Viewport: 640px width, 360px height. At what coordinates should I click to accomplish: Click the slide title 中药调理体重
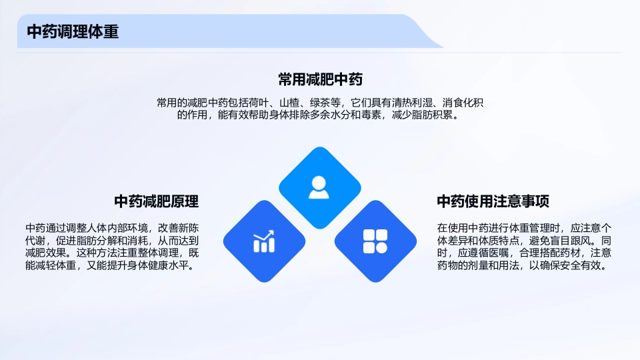tap(73, 31)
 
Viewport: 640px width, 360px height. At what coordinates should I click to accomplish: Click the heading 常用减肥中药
tap(320, 80)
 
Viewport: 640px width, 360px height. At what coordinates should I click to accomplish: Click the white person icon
tap(319, 187)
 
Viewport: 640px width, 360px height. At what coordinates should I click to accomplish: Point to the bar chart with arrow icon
tap(264, 241)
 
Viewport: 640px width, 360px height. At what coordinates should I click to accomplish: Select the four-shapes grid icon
tap(375, 241)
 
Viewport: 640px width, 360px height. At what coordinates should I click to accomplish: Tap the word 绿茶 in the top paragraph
tap(323, 103)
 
